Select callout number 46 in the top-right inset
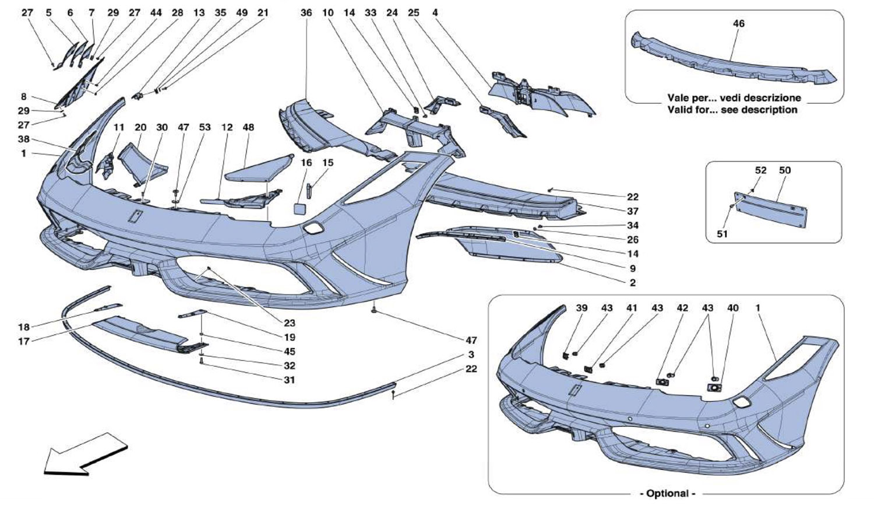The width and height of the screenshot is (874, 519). (x=738, y=24)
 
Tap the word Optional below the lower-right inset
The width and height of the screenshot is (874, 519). (x=668, y=493)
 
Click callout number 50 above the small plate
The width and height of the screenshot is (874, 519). (x=784, y=170)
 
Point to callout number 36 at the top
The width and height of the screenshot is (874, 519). (x=306, y=12)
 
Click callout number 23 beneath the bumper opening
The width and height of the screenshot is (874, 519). (x=290, y=323)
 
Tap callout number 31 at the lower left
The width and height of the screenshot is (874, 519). (x=290, y=380)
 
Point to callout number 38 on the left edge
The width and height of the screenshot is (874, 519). (x=23, y=140)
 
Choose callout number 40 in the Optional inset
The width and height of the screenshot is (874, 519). (x=733, y=308)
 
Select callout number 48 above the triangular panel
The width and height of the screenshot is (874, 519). (x=249, y=127)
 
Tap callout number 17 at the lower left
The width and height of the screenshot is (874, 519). (x=23, y=341)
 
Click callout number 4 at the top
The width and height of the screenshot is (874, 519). (x=435, y=12)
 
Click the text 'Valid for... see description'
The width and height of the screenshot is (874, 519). (x=734, y=110)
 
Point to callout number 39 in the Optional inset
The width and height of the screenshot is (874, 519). (x=582, y=308)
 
